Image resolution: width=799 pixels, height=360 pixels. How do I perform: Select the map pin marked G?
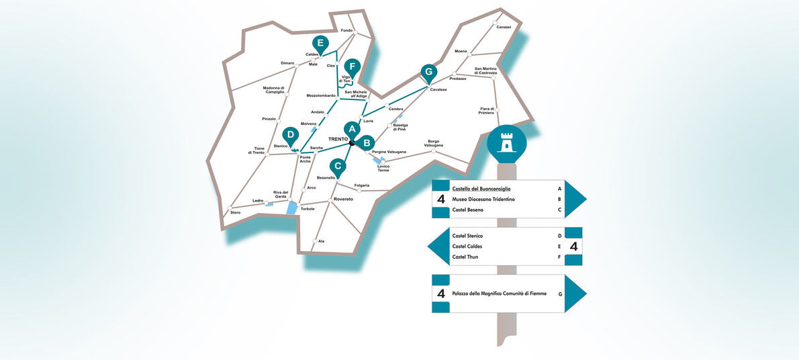coord(428,73)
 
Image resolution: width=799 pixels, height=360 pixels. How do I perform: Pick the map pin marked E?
coord(320,45)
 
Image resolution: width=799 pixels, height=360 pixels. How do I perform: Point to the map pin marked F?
coord(352,67)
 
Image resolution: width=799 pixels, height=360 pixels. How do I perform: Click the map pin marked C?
coord(338,166)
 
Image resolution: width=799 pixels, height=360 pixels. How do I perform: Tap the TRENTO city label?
coord(338,139)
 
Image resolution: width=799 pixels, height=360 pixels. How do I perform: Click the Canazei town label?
coord(504,27)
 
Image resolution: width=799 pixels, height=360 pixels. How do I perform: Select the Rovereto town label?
coord(342,199)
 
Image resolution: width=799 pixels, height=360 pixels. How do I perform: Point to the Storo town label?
coord(235,212)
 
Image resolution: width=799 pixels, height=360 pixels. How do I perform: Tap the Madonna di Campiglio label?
coord(274,89)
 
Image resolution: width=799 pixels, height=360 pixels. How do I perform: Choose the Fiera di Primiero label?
coord(487,110)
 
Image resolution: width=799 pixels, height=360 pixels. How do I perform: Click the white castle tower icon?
coord(506,142)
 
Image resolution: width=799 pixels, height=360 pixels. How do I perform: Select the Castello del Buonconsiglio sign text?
coord(490,189)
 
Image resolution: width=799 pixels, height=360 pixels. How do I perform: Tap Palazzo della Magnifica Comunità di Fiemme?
coord(500,294)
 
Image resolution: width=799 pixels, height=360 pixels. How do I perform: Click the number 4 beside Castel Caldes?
coord(573,246)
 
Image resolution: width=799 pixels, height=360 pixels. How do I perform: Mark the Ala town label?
coord(321,240)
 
